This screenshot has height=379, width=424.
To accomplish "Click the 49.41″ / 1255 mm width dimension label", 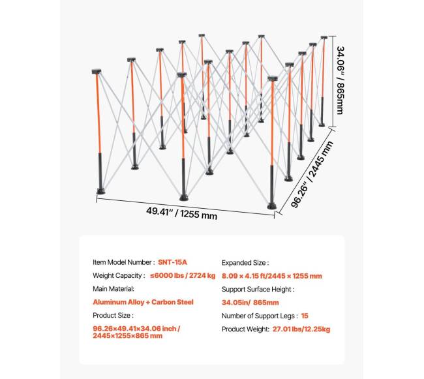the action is tap(182, 213).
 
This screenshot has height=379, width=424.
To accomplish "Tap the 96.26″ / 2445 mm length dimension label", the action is tap(312, 174).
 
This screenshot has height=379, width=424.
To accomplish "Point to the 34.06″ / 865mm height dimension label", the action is tap(341, 80).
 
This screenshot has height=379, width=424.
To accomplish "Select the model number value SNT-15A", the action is tap(172, 262).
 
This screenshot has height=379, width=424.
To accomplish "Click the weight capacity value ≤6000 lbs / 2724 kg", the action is tap(183, 275).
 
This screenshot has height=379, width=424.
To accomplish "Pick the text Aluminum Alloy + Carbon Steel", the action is tap(143, 302).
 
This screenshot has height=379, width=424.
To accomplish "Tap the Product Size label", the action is tap(113, 315).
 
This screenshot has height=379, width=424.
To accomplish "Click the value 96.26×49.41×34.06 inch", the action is tap(136, 329).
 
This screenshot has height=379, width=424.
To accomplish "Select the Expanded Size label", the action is tap(245, 263).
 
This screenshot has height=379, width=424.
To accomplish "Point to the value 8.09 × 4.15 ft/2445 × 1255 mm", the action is tap(272, 276).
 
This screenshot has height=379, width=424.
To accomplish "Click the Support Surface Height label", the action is tap(258, 289).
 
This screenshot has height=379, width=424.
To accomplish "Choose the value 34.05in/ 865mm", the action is tap(250, 303).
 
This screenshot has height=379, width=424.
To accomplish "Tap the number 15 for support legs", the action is tap(305, 316).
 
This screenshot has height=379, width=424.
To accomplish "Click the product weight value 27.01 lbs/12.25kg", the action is tap(301, 329).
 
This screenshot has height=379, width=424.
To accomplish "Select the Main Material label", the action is tap(114, 289).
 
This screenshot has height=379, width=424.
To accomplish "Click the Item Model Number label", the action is tap(123, 262).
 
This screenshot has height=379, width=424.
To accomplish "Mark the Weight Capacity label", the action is tap(119, 275).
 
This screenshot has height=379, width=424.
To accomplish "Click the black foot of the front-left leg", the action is tap(101, 191).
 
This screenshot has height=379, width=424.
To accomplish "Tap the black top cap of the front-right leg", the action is tap(273, 78).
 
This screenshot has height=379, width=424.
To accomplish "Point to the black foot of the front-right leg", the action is tap(272, 206).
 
